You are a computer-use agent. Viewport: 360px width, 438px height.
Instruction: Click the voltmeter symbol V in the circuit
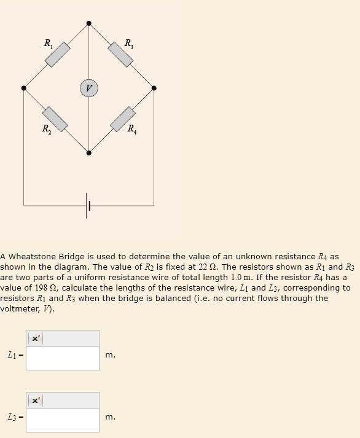click(89, 88)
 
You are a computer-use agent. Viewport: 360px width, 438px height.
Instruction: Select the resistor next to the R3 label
click(121, 55)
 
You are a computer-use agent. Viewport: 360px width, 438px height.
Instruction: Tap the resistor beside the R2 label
click(55, 118)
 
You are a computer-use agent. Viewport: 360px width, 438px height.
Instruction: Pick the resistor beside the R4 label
click(123, 119)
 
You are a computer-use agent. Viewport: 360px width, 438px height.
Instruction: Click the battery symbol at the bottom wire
click(88, 205)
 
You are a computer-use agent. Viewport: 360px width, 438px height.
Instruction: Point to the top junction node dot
click(89, 23)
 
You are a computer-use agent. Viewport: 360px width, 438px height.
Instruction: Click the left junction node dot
click(24, 88)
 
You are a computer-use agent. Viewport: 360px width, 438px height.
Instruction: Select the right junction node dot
click(154, 88)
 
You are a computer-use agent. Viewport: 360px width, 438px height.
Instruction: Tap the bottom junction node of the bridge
click(89, 153)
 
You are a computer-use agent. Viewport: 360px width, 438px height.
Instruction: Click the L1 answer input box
click(63, 358)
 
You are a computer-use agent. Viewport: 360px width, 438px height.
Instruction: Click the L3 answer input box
click(63, 420)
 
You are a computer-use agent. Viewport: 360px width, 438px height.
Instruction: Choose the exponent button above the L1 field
click(35, 338)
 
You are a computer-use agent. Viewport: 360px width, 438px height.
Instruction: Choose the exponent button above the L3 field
click(35, 401)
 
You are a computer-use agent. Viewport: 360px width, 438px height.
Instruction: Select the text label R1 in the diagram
click(49, 43)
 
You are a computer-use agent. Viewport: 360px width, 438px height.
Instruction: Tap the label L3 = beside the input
click(14, 418)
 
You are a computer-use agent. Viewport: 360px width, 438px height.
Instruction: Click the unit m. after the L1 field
click(110, 355)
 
